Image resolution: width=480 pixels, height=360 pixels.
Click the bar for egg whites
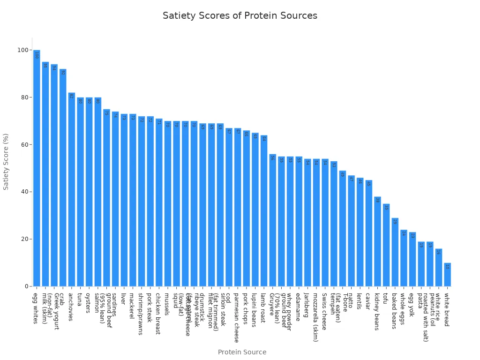click(37, 169)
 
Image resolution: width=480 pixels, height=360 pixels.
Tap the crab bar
click(63, 178)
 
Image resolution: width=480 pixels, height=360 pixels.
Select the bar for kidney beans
click(377, 241)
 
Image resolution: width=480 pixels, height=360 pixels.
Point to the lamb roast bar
click(264, 211)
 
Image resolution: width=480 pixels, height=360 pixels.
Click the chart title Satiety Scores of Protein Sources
click(240, 15)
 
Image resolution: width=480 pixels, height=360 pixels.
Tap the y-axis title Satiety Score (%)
click(6, 162)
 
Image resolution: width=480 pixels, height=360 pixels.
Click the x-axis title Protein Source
click(242, 352)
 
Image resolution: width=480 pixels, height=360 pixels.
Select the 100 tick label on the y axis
click(22, 50)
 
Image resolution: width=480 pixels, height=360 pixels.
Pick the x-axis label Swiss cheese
click(324, 312)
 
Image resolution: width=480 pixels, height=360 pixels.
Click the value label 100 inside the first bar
click(37, 55)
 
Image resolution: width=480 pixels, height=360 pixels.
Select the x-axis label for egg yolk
click(412, 305)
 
